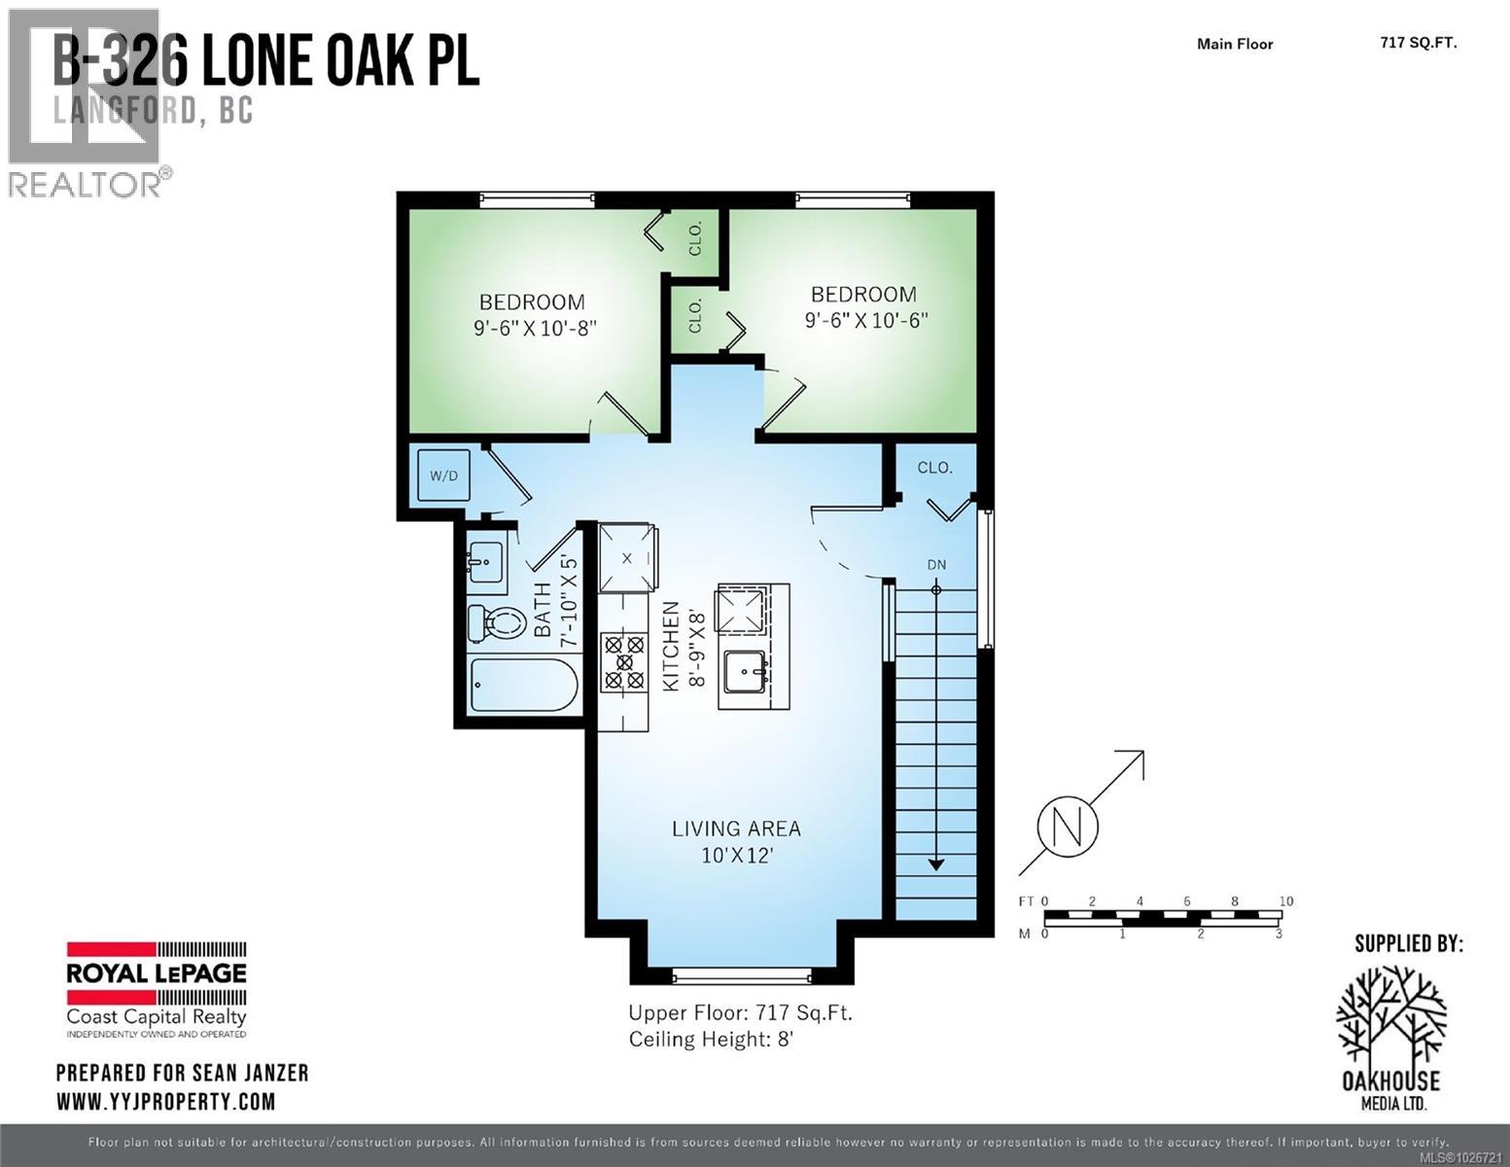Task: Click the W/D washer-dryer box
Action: pyautogui.click(x=443, y=476)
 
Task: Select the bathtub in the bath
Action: pyautogui.click(x=524, y=687)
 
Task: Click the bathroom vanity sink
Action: pyautogui.click(x=485, y=560)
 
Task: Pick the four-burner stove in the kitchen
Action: pyautogui.click(x=623, y=661)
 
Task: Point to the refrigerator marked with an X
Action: pyautogui.click(x=626, y=558)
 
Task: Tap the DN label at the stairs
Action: pyautogui.click(x=936, y=565)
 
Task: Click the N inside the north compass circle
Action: pyautogui.click(x=1068, y=828)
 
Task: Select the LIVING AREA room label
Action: pyautogui.click(x=736, y=830)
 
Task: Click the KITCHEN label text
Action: pyautogui.click(x=670, y=647)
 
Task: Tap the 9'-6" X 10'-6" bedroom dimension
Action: pyautogui.click(x=865, y=319)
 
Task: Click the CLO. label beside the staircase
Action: pyautogui.click(x=934, y=468)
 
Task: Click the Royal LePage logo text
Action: pyautogui.click(x=156, y=973)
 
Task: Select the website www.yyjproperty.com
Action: pyautogui.click(x=165, y=1102)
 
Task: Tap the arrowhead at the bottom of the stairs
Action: pyautogui.click(x=936, y=863)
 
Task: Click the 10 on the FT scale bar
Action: pyautogui.click(x=1285, y=902)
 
